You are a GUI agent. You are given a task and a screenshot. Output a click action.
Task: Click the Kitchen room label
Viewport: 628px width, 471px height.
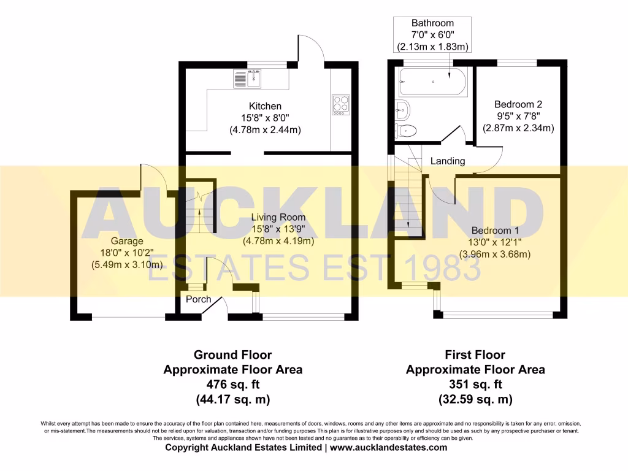tap(265, 106)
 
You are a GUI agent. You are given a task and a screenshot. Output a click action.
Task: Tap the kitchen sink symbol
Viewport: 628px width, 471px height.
tap(247, 78)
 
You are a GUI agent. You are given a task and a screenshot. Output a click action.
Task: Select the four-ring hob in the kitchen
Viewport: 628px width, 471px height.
tap(340, 104)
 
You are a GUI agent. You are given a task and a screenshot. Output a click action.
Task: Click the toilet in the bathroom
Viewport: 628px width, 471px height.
tap(406, 129)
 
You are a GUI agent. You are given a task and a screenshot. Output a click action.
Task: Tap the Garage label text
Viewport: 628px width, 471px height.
tap(127, 241)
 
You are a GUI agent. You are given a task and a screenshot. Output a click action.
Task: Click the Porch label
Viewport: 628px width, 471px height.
tap(198, 299)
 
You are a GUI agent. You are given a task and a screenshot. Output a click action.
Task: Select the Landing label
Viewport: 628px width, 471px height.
tap(448, 161)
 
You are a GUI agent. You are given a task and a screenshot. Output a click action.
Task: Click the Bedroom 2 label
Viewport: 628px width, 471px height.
tap(518, 104)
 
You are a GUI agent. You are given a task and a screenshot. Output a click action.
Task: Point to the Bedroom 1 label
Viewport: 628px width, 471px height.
tap(495, 231)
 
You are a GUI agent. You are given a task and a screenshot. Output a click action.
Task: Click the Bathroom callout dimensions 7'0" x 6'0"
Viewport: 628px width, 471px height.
tap(433, 36)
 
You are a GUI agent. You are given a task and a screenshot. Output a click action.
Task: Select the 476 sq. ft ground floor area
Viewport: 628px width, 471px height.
tap(232, 385)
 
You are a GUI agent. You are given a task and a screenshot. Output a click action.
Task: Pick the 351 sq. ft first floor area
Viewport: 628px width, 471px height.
tap(475, 385)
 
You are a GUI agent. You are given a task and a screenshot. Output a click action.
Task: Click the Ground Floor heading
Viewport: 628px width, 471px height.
tap(232, 354)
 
